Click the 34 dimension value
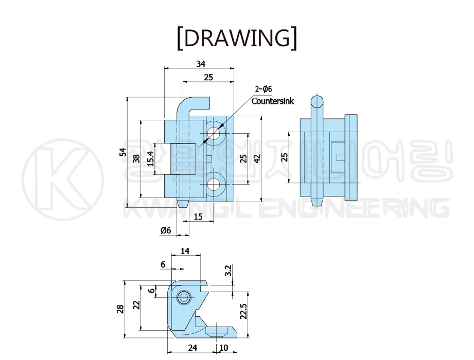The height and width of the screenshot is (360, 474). [201, 64]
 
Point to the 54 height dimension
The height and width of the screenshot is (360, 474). [123, 152]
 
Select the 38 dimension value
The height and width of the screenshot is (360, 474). [136, 158]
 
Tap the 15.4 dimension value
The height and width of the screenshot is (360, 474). [150, 159]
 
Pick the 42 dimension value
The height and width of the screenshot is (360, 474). [257, 158]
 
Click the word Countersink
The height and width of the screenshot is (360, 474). [272, 101]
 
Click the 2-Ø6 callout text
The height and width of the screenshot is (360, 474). [264, 89]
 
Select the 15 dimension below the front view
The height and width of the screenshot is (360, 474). [198, 217]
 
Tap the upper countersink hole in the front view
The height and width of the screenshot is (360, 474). [214, 133]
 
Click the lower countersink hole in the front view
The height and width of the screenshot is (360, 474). [214, 184]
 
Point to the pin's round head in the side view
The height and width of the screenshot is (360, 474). [317, 102]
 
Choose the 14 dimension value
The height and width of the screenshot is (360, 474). [185, 251]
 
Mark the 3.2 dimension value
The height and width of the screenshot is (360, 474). [228, 271]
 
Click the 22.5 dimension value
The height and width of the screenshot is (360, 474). [243, 311]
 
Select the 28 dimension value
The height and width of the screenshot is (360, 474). [120, 309]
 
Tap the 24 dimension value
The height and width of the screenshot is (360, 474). [192, 348]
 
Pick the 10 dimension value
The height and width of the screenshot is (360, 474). [223, 348]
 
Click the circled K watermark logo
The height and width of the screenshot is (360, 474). [63, 179]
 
